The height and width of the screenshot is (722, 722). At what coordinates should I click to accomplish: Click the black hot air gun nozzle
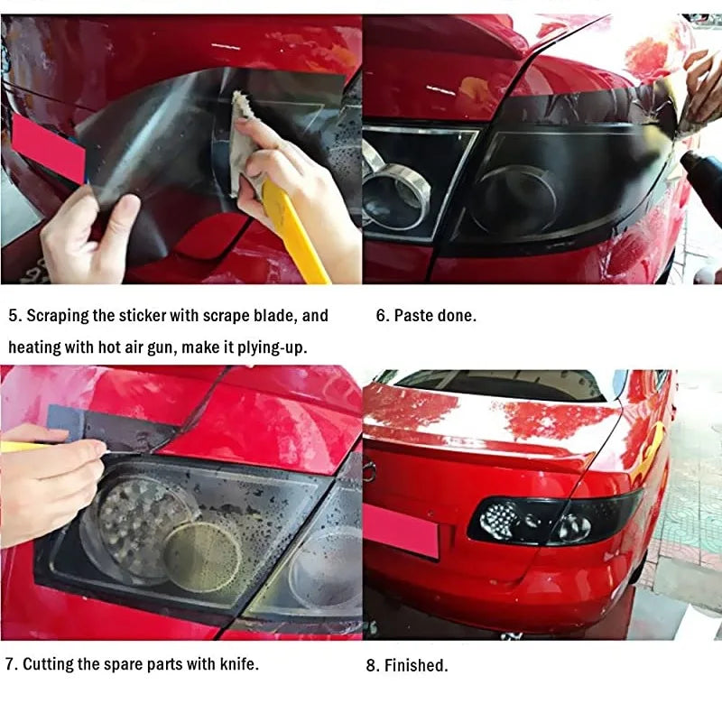[700, 171]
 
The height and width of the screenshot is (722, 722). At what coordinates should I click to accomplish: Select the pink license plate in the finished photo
[402, 531]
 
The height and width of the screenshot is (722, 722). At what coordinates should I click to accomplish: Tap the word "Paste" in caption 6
[413, 316]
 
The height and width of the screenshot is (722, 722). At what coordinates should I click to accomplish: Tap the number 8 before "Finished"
[372, 666]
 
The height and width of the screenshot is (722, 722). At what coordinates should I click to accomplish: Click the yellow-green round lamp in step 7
[202, 556]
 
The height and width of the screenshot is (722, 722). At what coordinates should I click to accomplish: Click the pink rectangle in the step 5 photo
[49, 147]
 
